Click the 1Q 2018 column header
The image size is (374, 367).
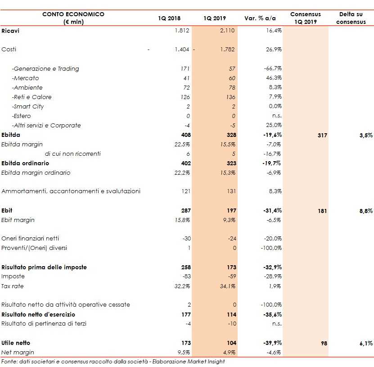click(x=169, y=18)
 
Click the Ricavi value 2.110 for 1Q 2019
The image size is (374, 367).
click(x=228, y=30)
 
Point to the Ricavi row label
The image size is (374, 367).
click(x=10, y=31)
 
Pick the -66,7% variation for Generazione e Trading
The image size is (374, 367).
click(x=273, y=69)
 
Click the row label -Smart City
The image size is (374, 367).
click(x=28, y=107)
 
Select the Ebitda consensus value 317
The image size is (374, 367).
click(x=323, y=135)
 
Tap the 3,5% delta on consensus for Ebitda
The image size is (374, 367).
click(x=366, y=135)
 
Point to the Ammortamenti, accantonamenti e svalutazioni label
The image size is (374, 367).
click(x=71, y=191)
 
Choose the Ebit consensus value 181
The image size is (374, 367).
click(x=323, y=211)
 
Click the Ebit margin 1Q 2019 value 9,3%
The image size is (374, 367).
click(x=230, y=220)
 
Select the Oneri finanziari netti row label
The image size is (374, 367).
click(x=30, y=239)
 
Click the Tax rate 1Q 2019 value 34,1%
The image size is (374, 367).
click(x=228, y=286)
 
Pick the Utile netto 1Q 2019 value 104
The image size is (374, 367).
click(x=231, y=343)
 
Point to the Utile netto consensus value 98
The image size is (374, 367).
click(x=324, y=343)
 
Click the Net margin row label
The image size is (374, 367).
click(x=18, y=352)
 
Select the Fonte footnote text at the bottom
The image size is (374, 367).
click(x=113, y=362)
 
